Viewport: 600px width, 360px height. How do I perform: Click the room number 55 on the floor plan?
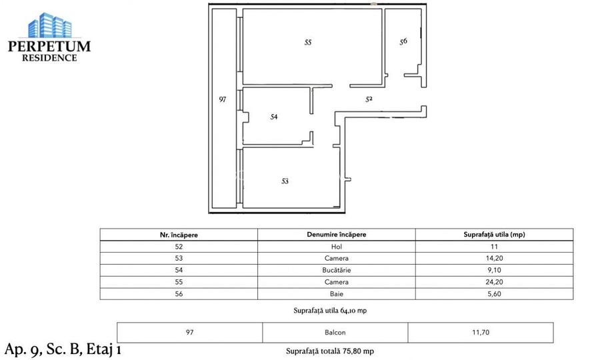point(307,42)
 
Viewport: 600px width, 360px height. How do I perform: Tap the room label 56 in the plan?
point(403,41)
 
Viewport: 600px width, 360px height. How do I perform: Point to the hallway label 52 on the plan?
point(369,99)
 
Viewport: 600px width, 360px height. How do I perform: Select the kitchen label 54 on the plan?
point(273,117)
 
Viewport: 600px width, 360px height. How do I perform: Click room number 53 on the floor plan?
point(285,181)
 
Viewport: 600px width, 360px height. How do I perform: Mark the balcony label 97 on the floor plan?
point(223,99)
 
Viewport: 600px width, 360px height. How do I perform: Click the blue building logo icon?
point(49,25)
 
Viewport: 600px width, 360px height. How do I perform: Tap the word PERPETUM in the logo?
point(49,47)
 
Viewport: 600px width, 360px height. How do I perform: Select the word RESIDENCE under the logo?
point(49,58)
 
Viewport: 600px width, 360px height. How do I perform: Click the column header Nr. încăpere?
point(179,235)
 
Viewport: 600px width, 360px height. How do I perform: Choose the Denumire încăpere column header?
point(336,235)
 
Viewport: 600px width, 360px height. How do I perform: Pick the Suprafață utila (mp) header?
point(494,235)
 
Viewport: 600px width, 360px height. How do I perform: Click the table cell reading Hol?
point(336,246)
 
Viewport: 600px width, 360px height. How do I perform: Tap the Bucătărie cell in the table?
point(336,270)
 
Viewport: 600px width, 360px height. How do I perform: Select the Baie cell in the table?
point(336,294)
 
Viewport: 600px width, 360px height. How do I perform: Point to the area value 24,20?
point(494,282)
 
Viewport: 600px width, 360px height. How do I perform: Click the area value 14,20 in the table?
point(494,258)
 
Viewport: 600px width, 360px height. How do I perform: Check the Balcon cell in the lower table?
point(335,331)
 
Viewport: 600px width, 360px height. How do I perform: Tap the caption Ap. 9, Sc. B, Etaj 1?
point(63,349)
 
